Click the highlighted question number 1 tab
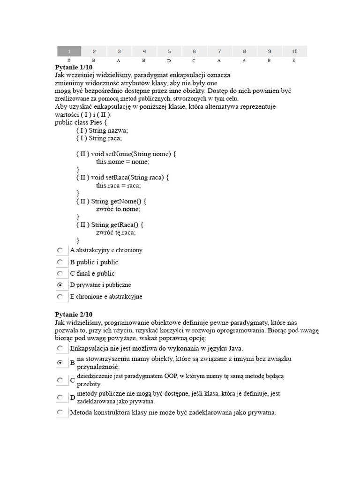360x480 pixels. tap(69, 51)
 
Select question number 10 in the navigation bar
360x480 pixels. tap(294, 51)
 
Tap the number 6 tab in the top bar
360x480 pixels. tap(195, 51)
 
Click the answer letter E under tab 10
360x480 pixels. tap(294, 60)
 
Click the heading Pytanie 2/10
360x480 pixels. tap(74, 315)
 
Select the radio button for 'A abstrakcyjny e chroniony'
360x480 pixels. tap(60, 251)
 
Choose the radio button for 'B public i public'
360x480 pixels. tap(60, 262)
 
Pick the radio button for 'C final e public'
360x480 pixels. tap(60, 274)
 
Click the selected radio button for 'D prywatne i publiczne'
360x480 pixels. tap(60, 285)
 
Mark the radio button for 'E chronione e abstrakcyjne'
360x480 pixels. tap(60, 297)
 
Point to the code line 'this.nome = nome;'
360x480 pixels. tap(122, 162)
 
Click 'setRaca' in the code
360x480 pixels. tap(116, 177)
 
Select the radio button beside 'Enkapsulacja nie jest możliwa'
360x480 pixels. tap(60, 348)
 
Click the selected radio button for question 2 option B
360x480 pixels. tap(60, 363)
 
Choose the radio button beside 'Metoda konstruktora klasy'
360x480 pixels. tap(60, 412)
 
